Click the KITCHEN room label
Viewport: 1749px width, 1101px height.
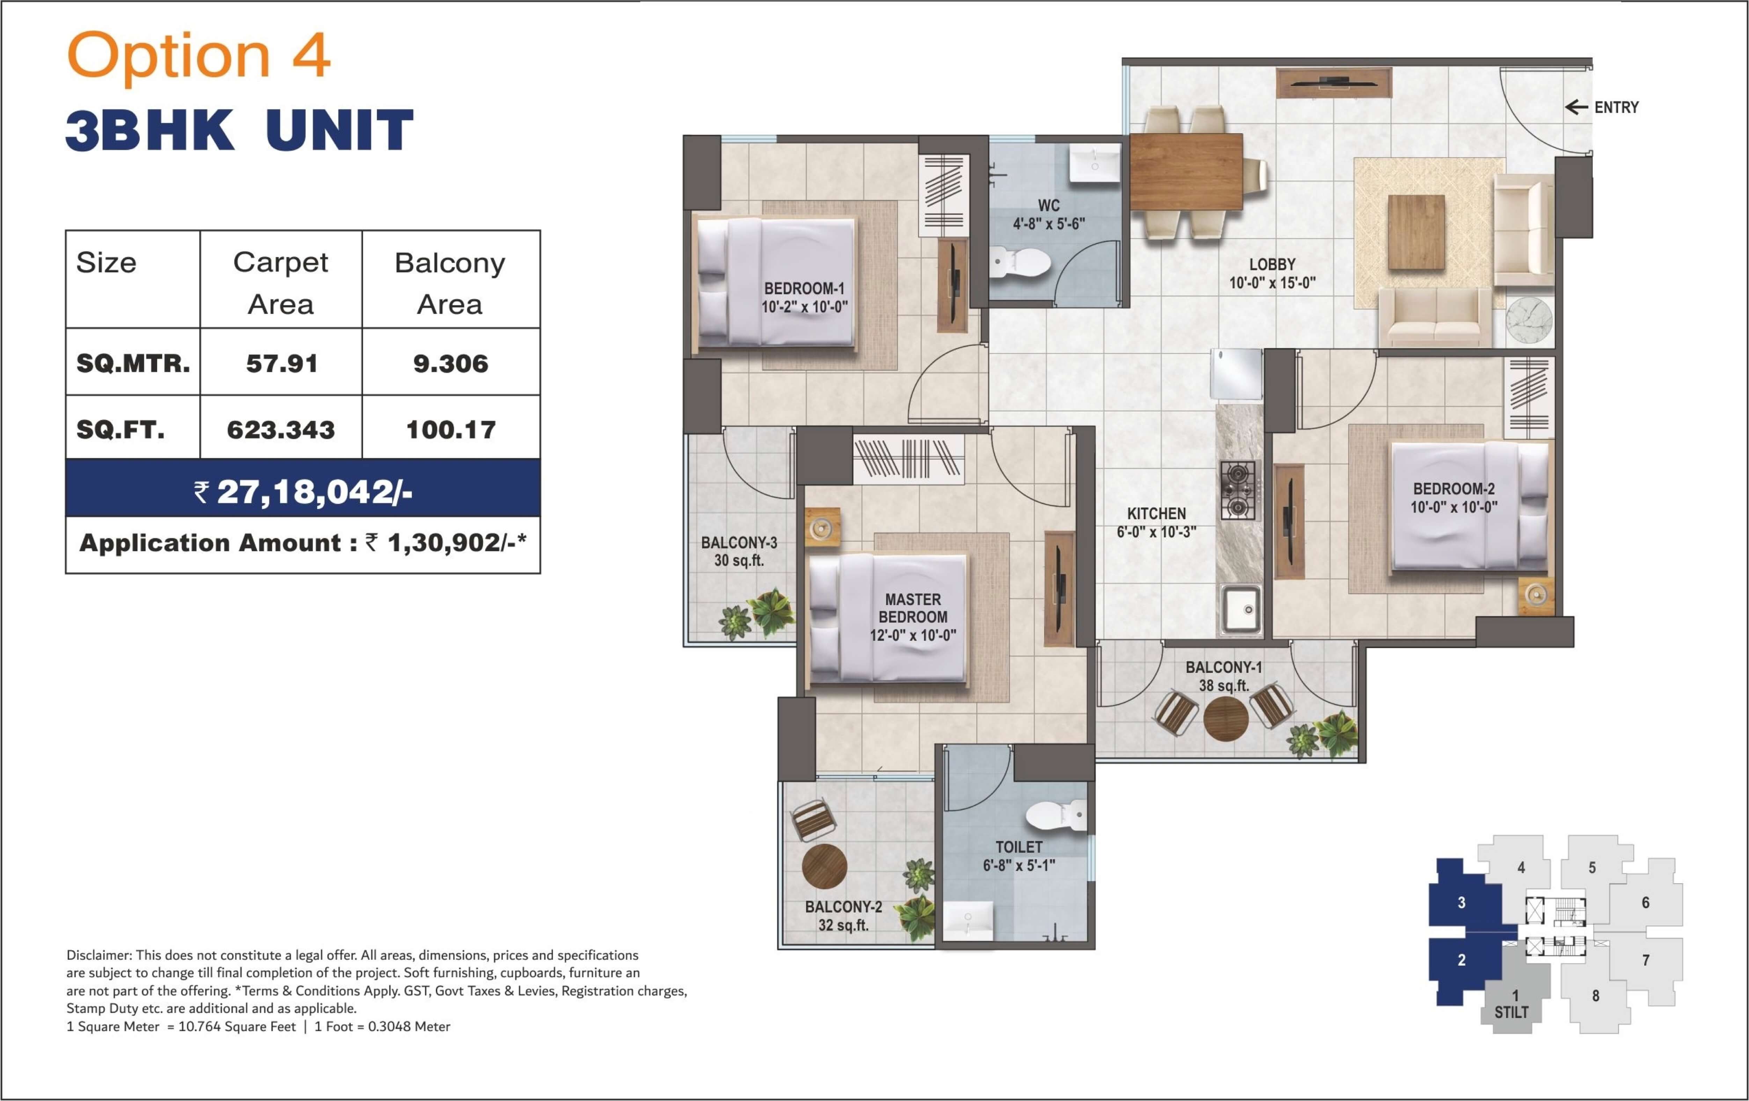(1156, 514)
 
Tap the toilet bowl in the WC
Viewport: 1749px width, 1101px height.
(1020, 262)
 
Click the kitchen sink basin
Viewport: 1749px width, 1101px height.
(1241, 608)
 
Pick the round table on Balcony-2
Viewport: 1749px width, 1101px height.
(824, 866)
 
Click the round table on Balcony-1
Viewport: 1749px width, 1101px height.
(1226, 718)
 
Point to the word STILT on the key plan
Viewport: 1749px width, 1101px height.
(1512, 1012)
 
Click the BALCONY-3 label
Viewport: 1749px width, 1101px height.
(739, 543)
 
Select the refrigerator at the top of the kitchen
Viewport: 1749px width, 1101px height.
(1236, 374)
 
